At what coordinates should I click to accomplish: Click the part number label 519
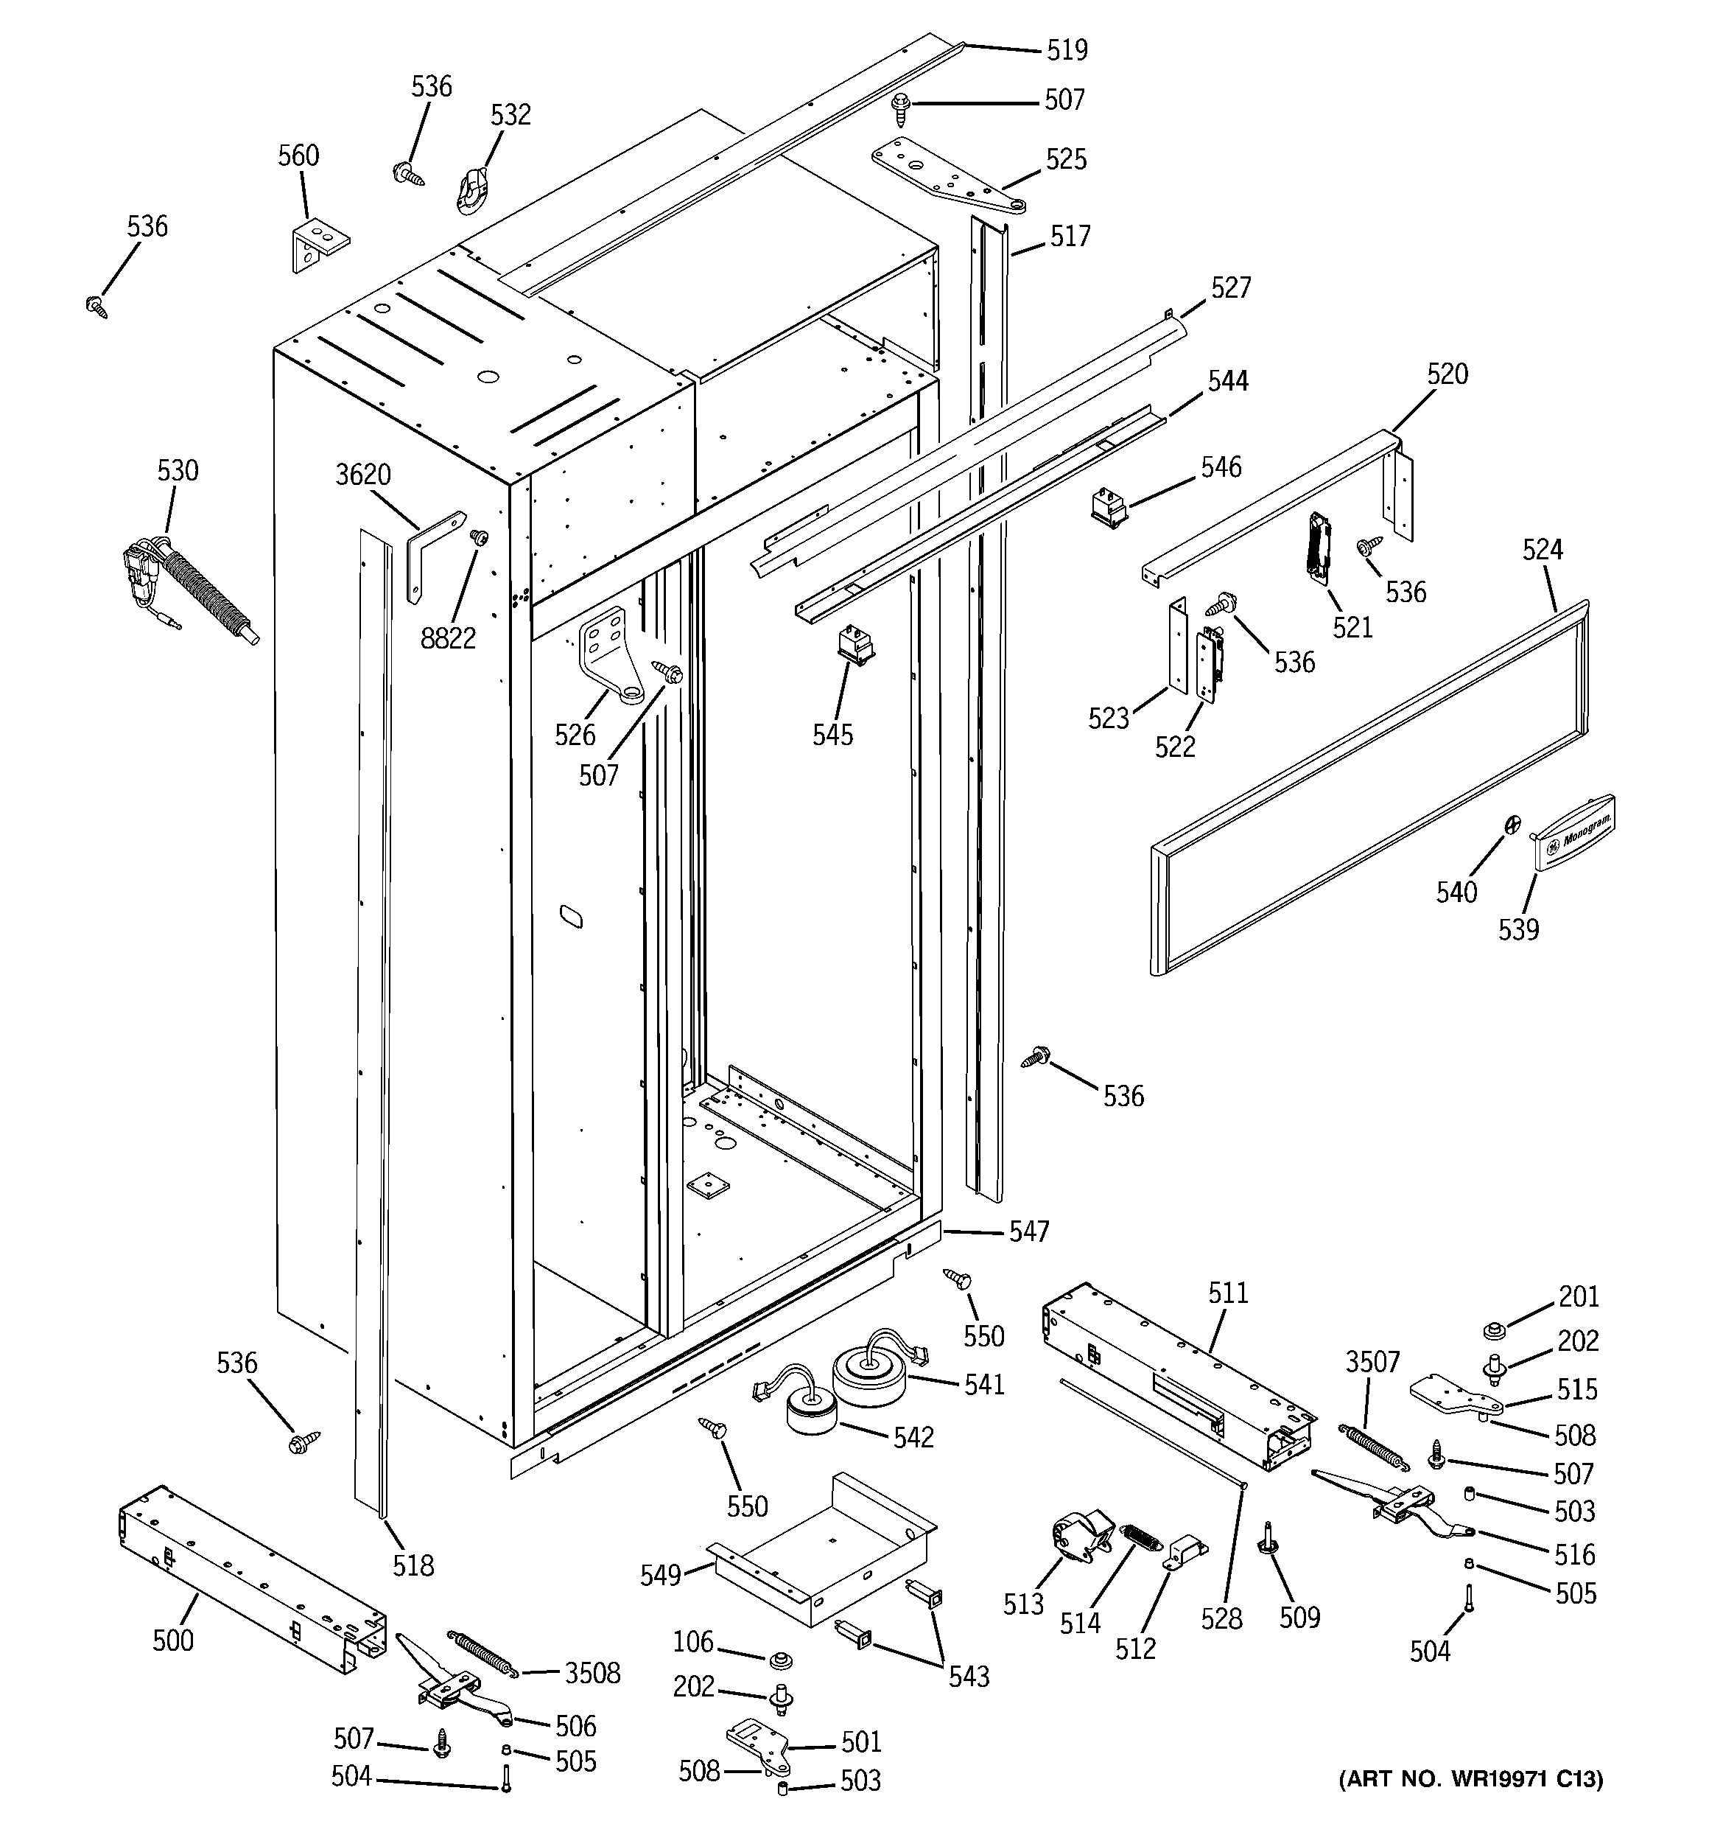tap(1067, 49)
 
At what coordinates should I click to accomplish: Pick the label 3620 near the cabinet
tap(363, 475)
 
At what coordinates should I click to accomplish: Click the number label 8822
tap(448, 638)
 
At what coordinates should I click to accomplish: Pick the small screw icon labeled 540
tap(1509, 824)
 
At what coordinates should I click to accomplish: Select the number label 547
tap(1028, 1232)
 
